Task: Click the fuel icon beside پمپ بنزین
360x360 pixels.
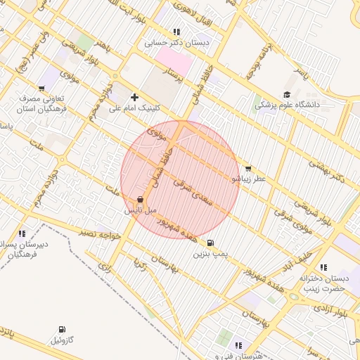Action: (x=212, y=243)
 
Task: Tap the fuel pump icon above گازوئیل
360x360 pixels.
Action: (x=62, y=329)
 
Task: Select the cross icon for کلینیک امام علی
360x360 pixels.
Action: (x=134, y=97)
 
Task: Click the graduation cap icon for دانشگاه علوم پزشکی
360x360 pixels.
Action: (x=287, y=95)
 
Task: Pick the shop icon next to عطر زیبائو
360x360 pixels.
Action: (x=247, y=169)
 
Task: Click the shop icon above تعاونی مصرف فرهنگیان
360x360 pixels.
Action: (x=42, y=89)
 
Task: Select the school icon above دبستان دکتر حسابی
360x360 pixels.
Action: (x=176, y=32)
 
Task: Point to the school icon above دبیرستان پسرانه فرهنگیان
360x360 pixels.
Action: (x=22, y=233)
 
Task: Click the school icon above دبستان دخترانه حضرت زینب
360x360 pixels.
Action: (x=323, y=267)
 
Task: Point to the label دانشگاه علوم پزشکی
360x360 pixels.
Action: (x=287, y=105)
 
